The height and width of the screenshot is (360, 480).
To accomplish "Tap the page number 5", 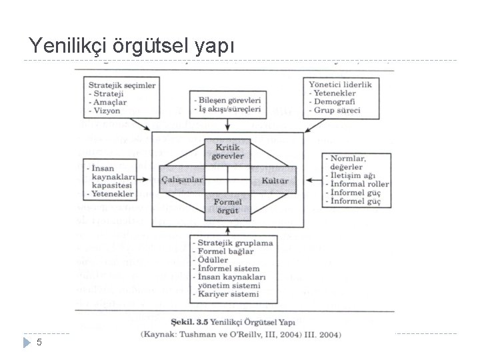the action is coord(39,342).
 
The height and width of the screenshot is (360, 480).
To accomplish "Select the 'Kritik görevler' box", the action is coord(228,151).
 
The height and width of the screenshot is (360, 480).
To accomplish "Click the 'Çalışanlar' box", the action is coord(181,180).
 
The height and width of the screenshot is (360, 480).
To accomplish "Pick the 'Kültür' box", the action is coord(274,180).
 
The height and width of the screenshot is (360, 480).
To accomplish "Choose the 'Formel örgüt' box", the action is coord(227,206).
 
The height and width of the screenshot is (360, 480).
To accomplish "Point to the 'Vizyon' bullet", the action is coord(109,111).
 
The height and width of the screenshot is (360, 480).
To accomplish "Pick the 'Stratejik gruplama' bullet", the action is coord(234,243).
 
